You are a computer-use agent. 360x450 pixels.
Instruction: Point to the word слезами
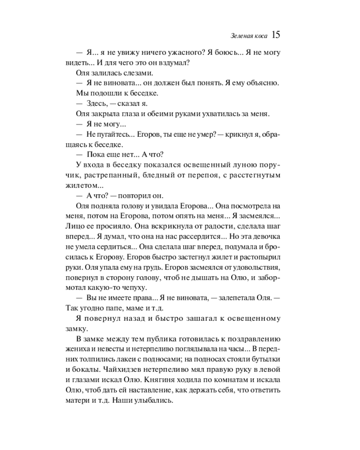tap(137, 73)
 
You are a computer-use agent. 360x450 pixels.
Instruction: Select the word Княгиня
tap(195, 380)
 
